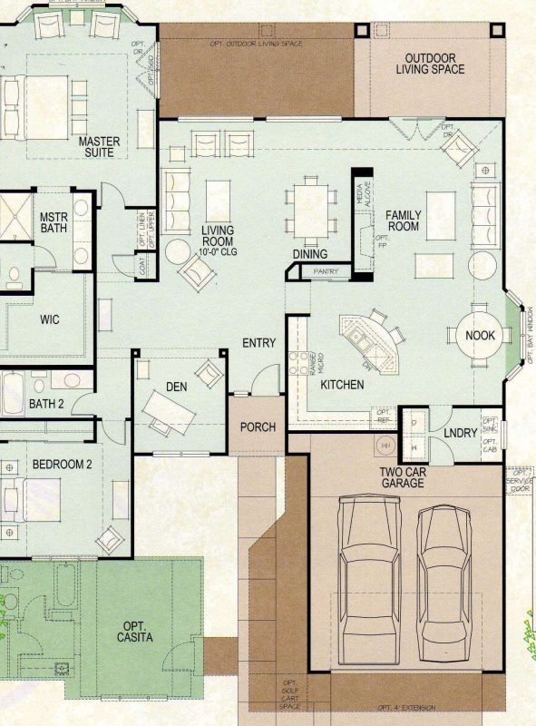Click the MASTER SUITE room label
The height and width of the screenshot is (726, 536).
click(x=99, y=147)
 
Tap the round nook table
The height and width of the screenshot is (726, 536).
click(x=480, y=335)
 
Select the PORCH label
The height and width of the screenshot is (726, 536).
click(x=258, y=427)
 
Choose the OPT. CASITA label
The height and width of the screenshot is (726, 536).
click(x=134, y=632)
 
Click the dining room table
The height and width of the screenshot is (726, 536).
click(x=303, y=210)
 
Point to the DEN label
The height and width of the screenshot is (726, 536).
click(x=176, y=387)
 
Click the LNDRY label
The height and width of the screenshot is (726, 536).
click(x=461, y=433)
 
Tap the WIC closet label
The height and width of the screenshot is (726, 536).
click(x=49, y=319)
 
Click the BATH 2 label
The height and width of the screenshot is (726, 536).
click(x=46, y=404)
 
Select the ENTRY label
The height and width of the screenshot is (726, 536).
click(x=258, y=342)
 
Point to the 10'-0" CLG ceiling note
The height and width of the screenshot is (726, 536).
click(x=218, y=243)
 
